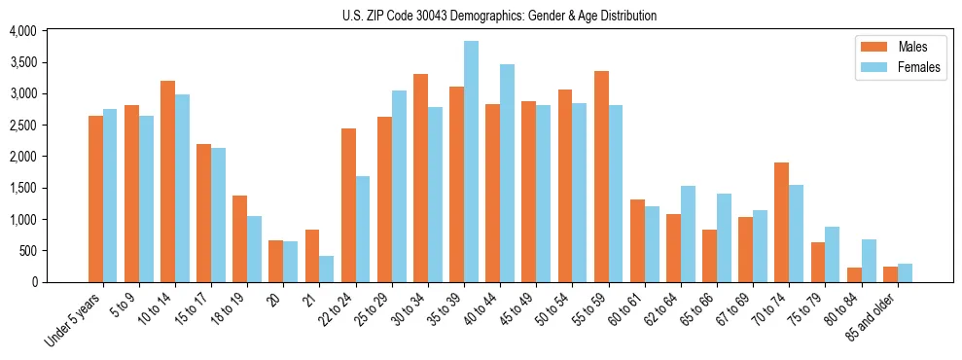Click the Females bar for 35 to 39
point(471,162)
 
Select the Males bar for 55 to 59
point(601,176)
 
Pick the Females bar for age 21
point(327,269)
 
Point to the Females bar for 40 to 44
point(507,173)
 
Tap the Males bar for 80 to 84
point(854,274)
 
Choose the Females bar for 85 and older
point(905,272)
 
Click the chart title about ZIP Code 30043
point(499,16)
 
